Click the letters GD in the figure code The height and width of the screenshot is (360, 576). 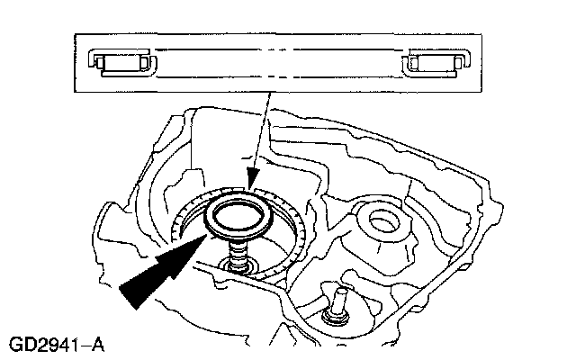click(27, 344)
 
